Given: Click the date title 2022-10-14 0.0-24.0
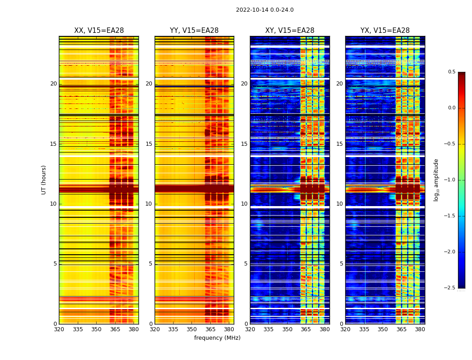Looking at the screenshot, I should pyautogui.click(x=264, y=10).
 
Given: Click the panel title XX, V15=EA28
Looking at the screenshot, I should pyautogui.click(x=99, y=31).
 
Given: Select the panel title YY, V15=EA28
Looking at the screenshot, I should pyautogui.click(x=194, y=31).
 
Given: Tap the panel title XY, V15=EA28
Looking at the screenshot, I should pyautogui.click(x=289, y=31).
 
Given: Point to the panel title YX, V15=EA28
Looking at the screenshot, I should pyautogui.click(x=385, y=31).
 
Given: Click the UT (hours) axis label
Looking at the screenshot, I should pyautogui.click(x=44, y=180).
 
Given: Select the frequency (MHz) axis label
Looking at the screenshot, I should pyautogui.click(x=217, y=338).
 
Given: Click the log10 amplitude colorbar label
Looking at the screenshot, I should pyautogui.click(x=436, y=180).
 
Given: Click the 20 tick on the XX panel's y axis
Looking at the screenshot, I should pyautogui.click(x=53, y=84).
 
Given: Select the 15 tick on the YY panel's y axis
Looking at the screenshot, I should pyautogui.click(x=149, y=144).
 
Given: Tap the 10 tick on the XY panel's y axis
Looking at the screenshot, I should pyautogui.click(x=244, y=204).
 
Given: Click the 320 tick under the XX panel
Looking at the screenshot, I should pyautogui.click(x=59, y=329).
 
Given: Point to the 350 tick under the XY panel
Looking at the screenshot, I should pyautogui.click(x=287, y=329).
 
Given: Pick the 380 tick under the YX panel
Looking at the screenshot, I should pyautogui.click(x=420, y=329).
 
